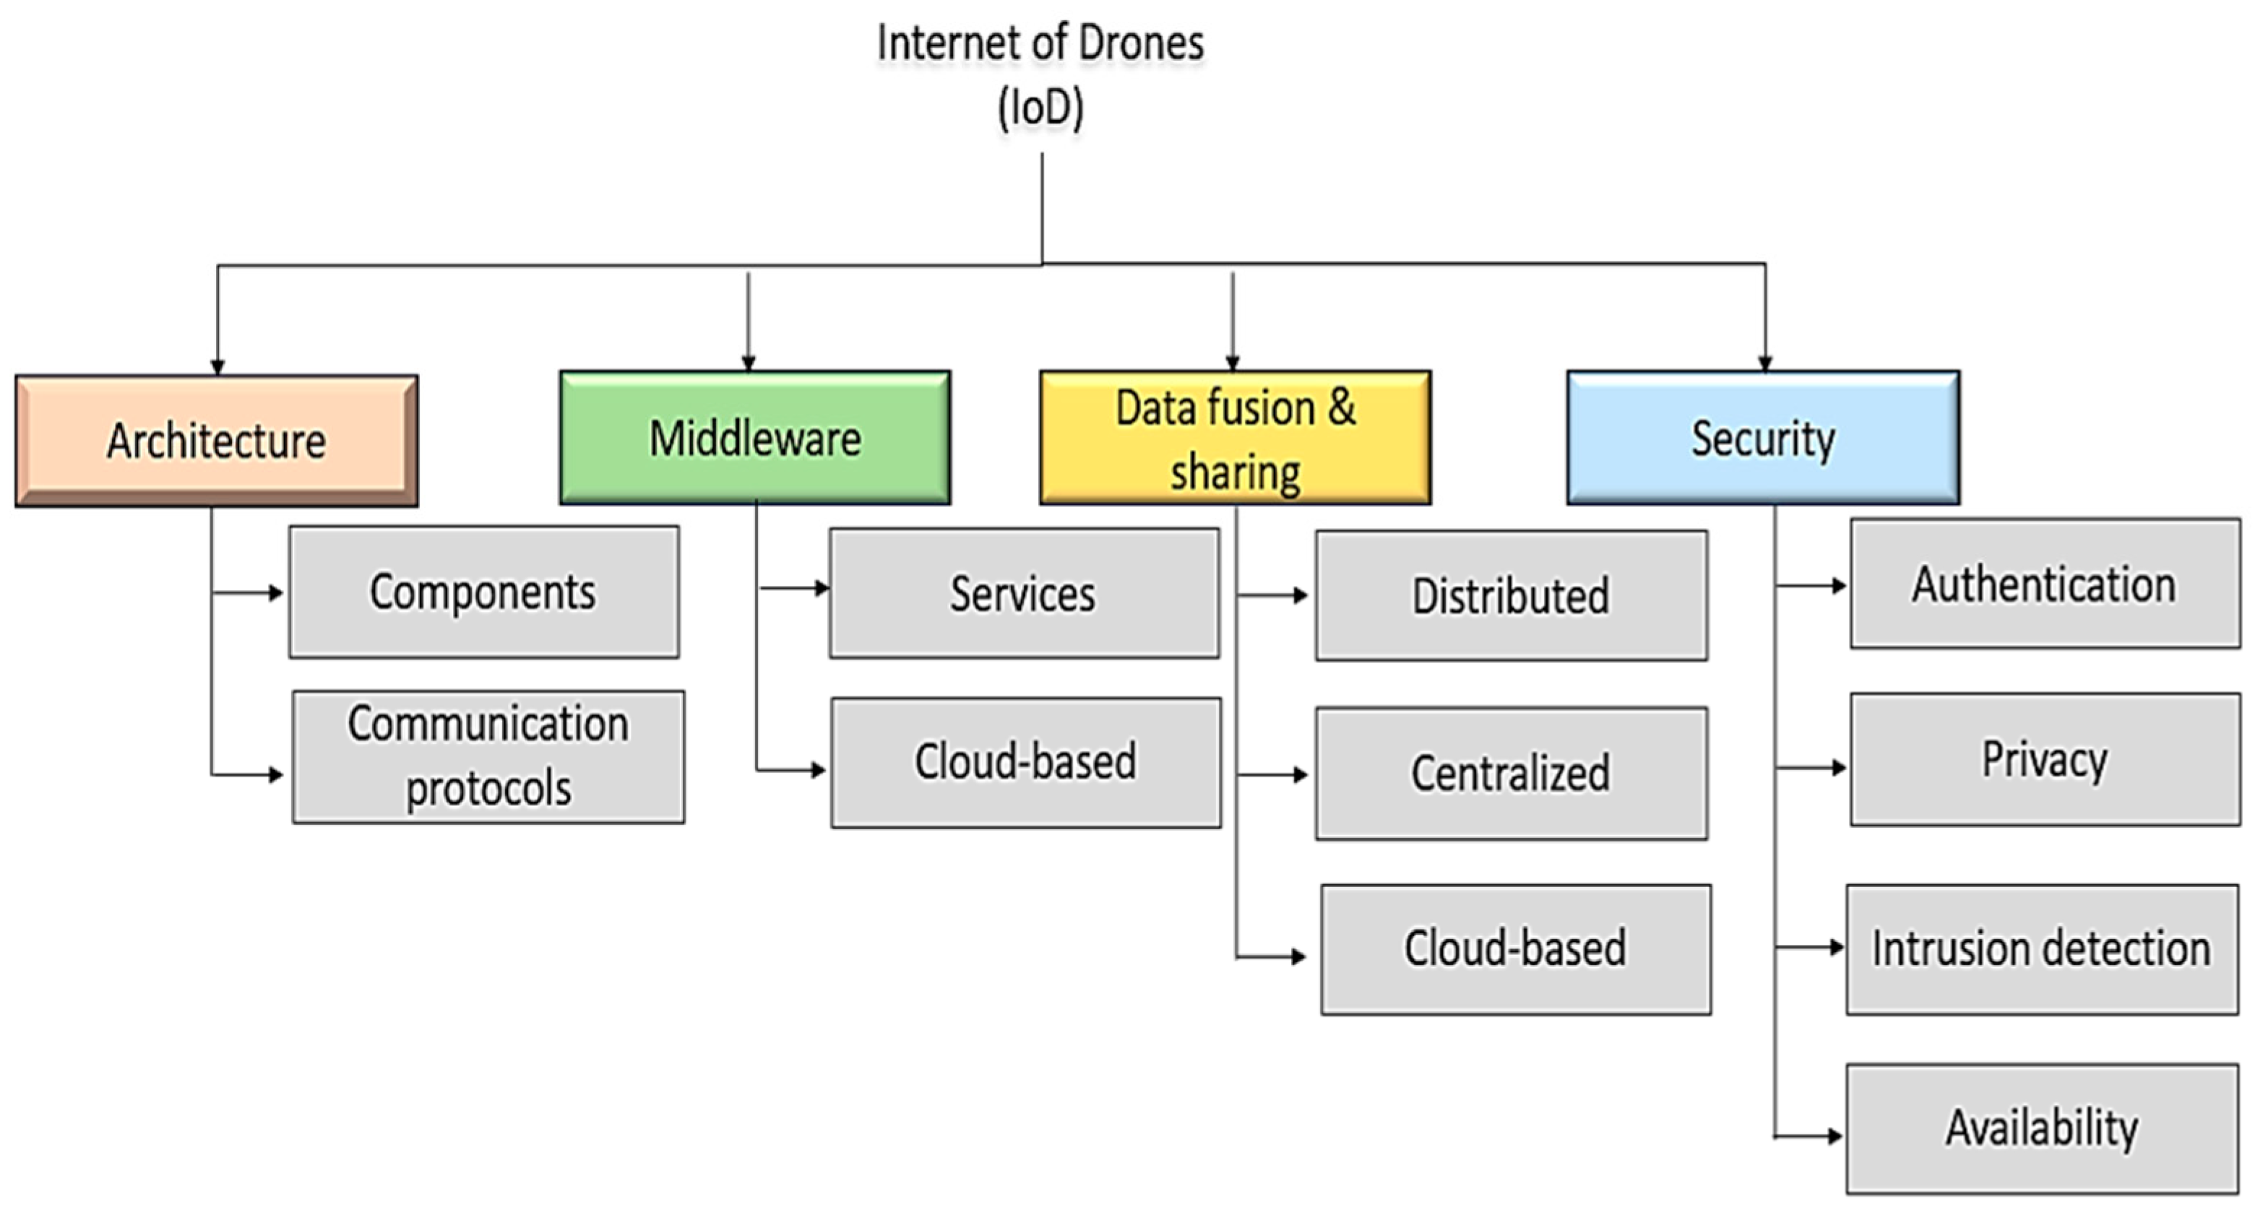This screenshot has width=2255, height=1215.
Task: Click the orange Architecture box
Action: coord(216,441)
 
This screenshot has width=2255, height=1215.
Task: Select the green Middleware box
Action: coord(754,438)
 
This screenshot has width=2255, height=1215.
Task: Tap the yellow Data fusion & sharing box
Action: coord(1236,438)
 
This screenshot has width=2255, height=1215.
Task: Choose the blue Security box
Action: coord(1763,438)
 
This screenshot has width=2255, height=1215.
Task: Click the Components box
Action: coord(484,592)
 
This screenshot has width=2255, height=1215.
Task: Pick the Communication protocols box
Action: coord(488,756)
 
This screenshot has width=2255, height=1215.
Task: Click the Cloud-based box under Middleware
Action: coord(1026,761)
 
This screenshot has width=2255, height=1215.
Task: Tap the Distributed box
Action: coord(1511,595)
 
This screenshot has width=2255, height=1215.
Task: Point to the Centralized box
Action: coord(1511,774)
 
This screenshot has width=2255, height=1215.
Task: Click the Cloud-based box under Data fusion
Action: coord(1515,949)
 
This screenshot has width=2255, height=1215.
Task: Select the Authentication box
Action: coord(2045,584)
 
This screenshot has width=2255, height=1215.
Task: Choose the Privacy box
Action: coord(2045,759)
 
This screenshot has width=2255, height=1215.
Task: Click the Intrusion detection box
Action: coord(2041,949)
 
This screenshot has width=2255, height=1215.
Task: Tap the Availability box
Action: coord(2041,1128)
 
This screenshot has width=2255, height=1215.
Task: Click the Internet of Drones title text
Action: coord(1041,44)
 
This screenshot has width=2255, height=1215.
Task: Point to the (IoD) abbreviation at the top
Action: coord(1041,108)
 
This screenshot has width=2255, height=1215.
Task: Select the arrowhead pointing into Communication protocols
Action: coord(277,774)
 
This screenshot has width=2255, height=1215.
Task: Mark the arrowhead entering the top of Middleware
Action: coord(748,363)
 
